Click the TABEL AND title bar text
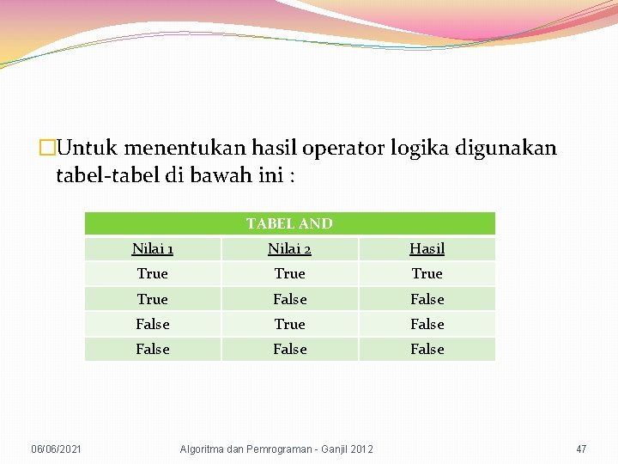point(289,223)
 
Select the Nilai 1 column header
point(153,249)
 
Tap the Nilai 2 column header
point(289,249)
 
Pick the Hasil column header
point(427,249)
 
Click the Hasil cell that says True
point(427,274)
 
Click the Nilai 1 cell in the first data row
point(153,274)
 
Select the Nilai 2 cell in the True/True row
point(289,274)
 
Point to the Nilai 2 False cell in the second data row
point(289,299)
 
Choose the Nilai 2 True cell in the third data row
point(289,324)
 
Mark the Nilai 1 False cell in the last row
point(153,349)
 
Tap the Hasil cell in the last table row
point(427,349)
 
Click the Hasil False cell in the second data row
point(427,299)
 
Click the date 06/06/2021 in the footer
point(57,449)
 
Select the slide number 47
point(581,449)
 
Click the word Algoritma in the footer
point(202,449)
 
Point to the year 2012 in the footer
point(360,449)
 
